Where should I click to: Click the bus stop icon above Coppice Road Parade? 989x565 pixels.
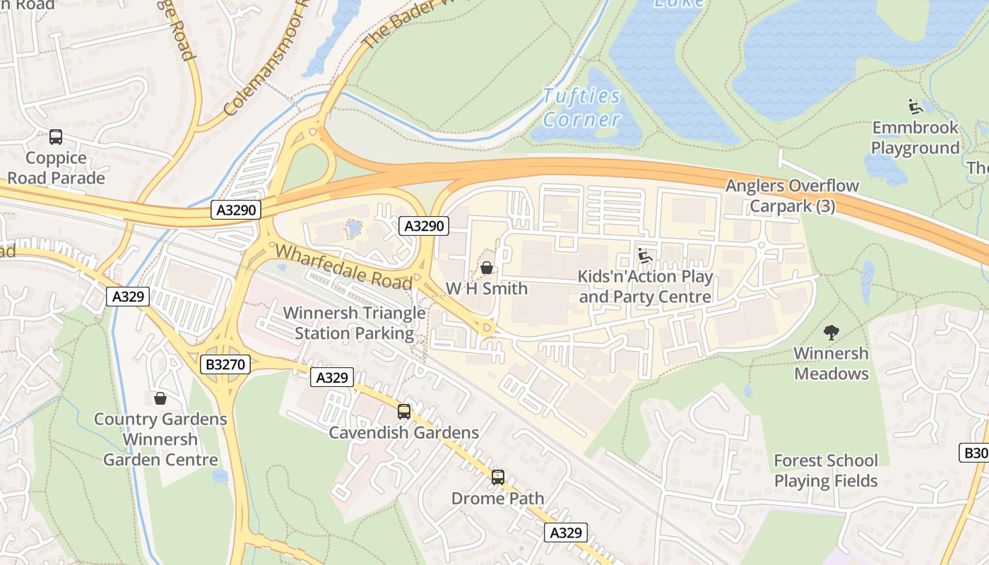click(56, 137)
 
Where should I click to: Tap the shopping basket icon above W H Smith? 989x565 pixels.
click(487, 268)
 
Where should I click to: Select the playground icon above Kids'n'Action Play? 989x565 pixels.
click(644, 256)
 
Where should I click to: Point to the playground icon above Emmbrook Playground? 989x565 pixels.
click(916, 107)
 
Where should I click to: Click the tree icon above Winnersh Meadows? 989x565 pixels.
click(831, 332)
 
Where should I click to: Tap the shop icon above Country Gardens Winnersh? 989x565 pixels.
click(160, 398)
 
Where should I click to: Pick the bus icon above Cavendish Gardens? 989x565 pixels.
click(404, 412)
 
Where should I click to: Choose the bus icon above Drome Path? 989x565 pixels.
click(498, 477)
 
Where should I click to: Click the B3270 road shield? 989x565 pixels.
click(225, 364)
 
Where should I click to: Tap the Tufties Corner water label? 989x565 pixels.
click(581, 107)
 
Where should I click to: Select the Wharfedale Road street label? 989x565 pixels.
click(343, 266)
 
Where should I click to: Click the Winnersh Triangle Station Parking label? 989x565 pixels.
click(354, 323)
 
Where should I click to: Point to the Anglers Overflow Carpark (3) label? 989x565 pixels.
click(792, 196)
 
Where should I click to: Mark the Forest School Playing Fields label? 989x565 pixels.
click(826, 471)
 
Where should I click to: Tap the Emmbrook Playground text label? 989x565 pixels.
click(915, 138)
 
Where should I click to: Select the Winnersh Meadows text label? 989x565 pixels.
click(831, 363)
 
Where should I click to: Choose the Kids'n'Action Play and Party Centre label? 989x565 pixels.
click(645, 287)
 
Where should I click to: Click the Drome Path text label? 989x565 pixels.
click(498, 499)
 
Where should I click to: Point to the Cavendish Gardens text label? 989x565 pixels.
click(404, 433)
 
